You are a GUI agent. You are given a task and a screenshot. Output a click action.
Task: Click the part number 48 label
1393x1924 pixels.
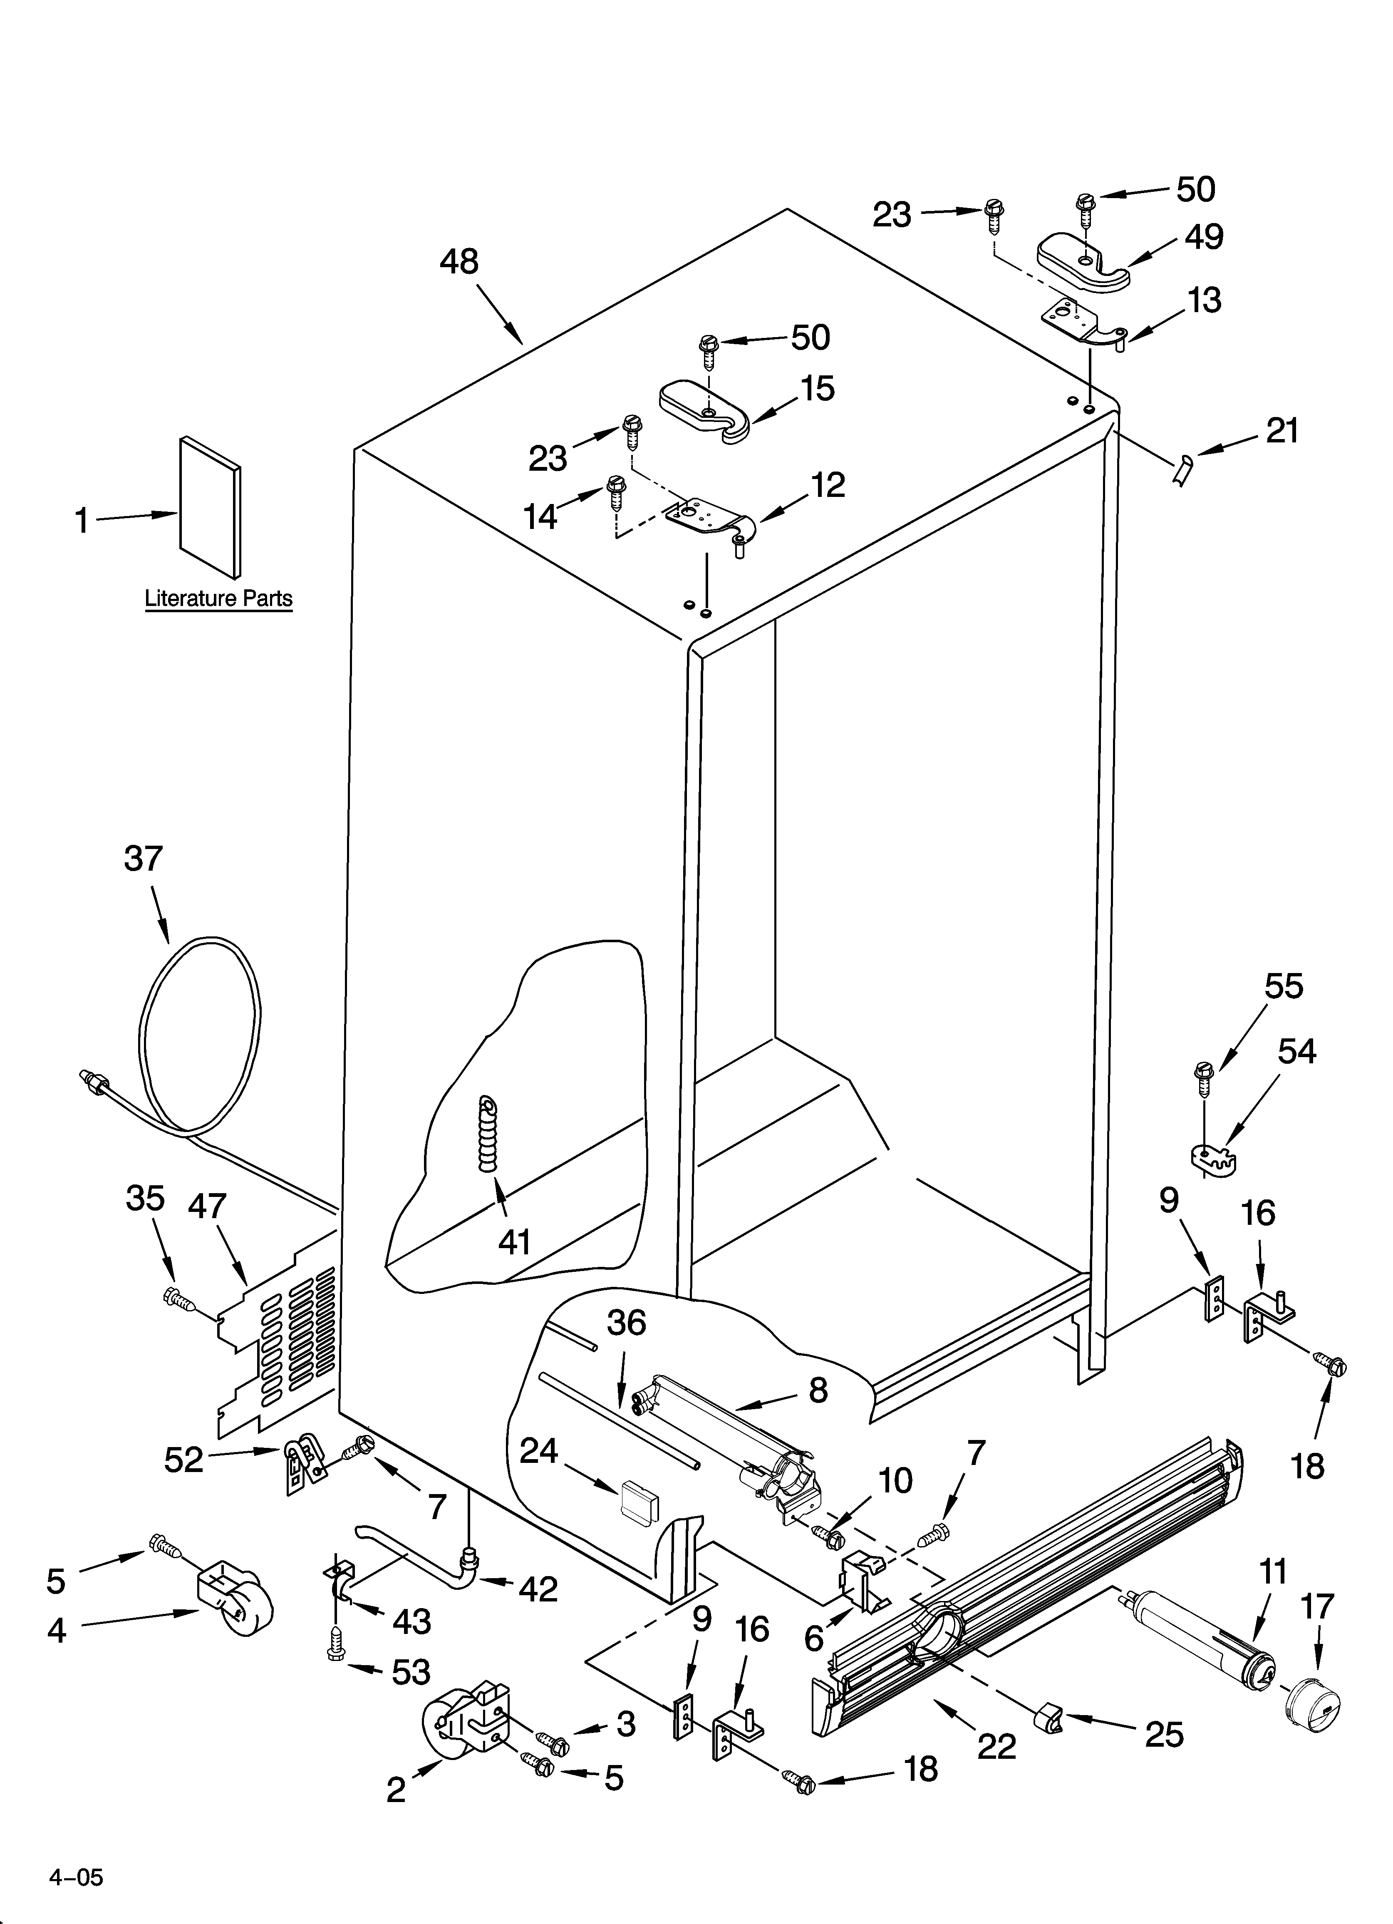point(459,261)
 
